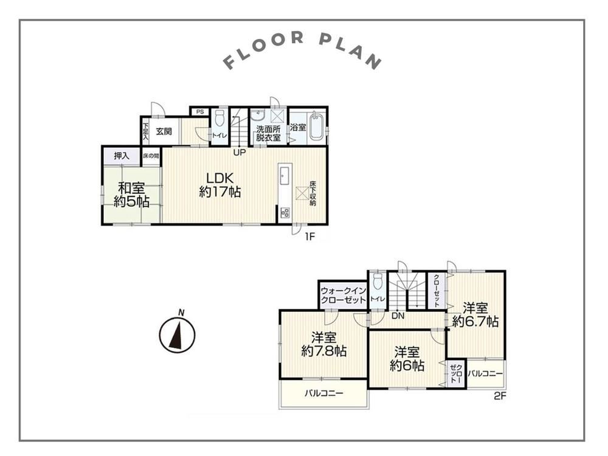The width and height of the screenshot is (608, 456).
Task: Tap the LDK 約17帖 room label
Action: [x=220, y=185]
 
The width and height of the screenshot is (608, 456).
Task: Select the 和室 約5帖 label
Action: [x=131, y=195]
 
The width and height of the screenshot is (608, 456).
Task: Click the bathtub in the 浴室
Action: [x=316, y=126]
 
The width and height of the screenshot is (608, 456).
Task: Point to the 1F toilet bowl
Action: [x=219, y=119]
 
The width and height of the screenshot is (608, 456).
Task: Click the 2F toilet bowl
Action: [x=377, y=282]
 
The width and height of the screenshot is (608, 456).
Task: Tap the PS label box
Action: [x=199, y=112]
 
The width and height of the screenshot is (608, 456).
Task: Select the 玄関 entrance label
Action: [x=164, y=131]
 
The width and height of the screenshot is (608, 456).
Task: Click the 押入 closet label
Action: [x=122, y=156]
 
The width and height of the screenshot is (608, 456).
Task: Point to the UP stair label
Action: [x=239, y=153]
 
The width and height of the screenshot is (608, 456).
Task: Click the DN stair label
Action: [x=398, y=316]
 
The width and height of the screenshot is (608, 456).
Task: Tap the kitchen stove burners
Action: [x=285, y=212]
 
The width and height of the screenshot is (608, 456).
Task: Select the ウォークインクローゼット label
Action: [x=344, y=295]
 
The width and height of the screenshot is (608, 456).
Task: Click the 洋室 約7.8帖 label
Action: [x=324, y=344]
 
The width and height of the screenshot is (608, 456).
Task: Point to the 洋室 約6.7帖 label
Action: [x=475, y=315]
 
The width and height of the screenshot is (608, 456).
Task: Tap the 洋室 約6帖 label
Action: [x=407, y=359]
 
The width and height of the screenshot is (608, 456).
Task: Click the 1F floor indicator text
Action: [x=309, y=236]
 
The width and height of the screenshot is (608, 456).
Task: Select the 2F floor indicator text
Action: [x=500, y=396]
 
